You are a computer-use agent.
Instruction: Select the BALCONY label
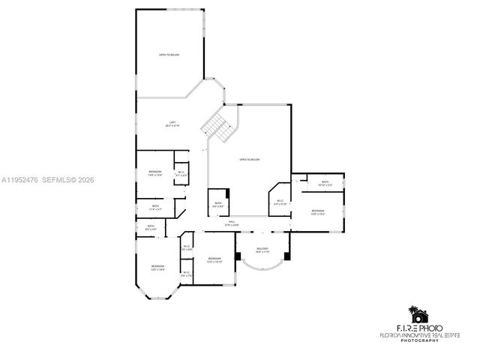tap(262, 250)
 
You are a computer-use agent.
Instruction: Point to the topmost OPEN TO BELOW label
tap(169, 55)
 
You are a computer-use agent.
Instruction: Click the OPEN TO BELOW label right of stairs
tap(249, 160)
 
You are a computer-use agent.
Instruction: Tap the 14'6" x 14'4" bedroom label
tap(155, 173)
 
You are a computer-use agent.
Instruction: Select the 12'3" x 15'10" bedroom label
tap(214, 259)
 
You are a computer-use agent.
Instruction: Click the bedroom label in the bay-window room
tap(157, 268)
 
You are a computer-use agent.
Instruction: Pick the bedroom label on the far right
tap(318, 212)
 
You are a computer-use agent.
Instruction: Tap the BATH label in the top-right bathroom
tap(325, 182)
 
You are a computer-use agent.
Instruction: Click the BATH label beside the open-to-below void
tap(217, 204)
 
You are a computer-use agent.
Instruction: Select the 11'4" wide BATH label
tap(155, 208)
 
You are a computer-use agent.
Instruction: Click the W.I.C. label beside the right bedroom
tap(279, 201)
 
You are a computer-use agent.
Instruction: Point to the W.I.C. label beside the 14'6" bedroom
tap(181, 174)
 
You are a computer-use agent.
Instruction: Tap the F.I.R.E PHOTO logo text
tap(424, 328)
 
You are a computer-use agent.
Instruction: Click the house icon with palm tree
tap(416, 313)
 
